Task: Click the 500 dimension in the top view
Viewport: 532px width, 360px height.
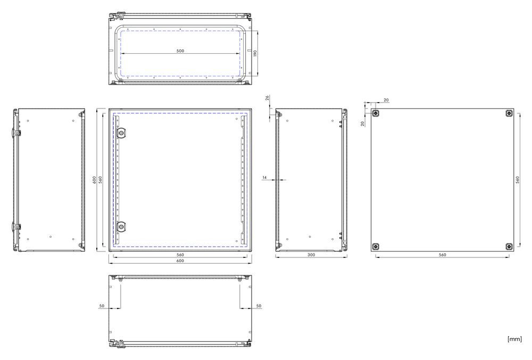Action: pos(180,51)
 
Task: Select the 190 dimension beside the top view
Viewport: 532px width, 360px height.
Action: pos(255,53)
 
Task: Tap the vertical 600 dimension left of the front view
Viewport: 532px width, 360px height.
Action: pos(94,180)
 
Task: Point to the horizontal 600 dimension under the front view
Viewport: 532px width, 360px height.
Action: pos(180,261)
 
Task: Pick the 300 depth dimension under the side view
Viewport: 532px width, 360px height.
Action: pos(311,255)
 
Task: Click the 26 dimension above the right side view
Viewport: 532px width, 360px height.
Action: pos(267,98)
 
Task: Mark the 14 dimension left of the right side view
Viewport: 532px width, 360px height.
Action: pos(264,177)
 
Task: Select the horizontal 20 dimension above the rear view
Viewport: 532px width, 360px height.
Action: pos(386,100)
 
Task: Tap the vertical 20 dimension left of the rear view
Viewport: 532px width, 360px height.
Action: pos(363,124)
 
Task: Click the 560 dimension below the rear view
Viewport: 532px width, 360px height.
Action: pos(443,255)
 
